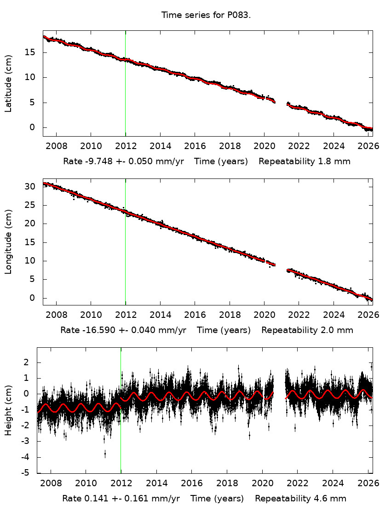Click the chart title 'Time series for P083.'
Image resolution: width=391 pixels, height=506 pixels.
point(206,15)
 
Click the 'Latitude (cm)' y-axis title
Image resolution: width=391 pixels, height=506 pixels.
point(8,83)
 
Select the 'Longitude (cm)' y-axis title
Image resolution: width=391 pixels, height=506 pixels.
point(8,241)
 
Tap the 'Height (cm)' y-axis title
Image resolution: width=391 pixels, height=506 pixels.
point(8,410)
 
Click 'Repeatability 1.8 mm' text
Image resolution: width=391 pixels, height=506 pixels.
point(304,161)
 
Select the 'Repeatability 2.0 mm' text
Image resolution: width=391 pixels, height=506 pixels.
point(307,330)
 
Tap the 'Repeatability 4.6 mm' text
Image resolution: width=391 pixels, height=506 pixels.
point(300,499)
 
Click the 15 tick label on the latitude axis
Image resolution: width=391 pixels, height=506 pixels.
point(33,52)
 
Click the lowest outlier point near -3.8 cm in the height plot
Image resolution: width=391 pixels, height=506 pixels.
point(105,454)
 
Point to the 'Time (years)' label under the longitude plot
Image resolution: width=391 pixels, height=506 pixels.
point(224,330)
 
